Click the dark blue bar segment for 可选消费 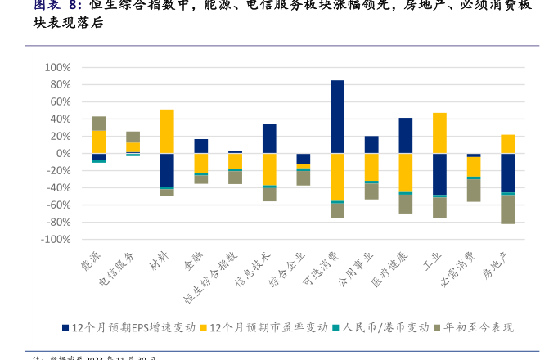pyautogui.click(x=337, y=116)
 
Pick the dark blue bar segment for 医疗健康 pyautogui.click(x=405, y=135)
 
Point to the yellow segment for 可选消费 pyautogui.click(x=337, y=177)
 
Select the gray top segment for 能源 pyautogui.click(x=99, y=123)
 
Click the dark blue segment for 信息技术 pyautogui.click(x=269, y=138)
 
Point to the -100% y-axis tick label pyautogui.click(x=55, y=240)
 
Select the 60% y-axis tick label pyautogui.click(x=60, y=101)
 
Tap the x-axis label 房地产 pyautogui.click(x=496, y=264)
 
